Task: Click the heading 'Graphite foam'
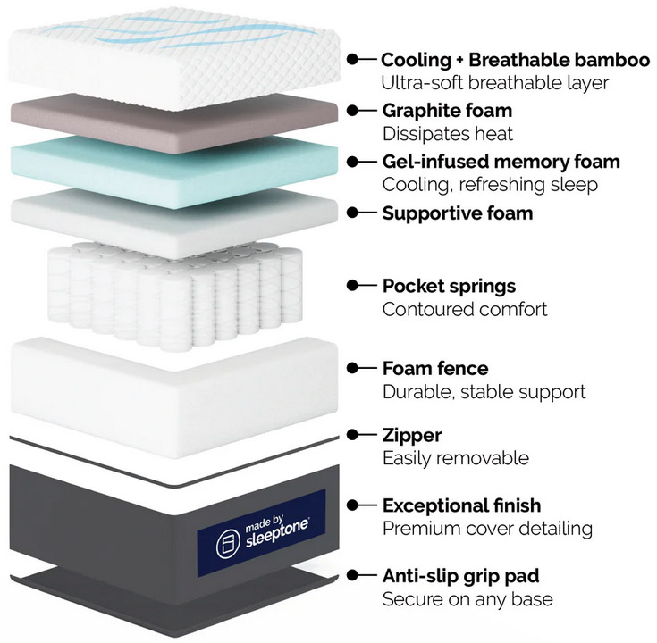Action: click(447, 111)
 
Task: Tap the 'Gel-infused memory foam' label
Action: click(501, 162)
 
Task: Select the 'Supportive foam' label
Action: click(458, 213)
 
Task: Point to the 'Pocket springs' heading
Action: click(449, 287)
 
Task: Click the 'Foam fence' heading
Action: click(435, 368)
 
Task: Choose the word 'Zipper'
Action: click(412, 436)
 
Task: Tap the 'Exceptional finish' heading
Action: click(461, 505)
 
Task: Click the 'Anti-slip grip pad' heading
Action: click(460, 576)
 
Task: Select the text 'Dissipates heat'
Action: click(448, 134)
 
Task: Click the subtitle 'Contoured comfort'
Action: click(465, 309)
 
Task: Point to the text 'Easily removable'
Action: click(456, 458)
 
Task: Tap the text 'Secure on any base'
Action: click(467, 599)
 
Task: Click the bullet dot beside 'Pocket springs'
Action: click(352, 286)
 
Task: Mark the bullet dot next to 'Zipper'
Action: click(352, 435)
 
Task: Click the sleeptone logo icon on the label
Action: click(228, 544)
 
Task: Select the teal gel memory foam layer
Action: click(174, 171)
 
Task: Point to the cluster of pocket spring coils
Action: click(175, 295)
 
